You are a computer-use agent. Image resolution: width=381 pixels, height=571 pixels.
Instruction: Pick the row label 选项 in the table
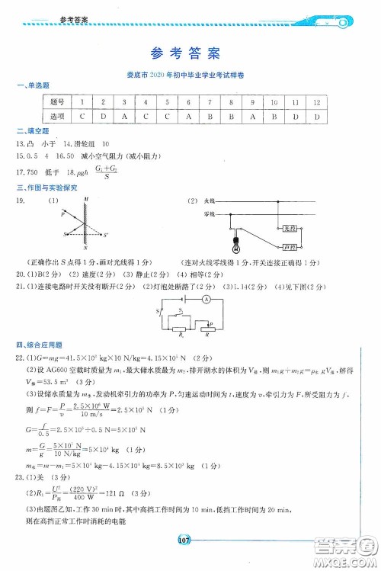coord(56,116)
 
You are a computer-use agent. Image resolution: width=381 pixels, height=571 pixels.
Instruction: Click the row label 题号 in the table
coord(56,101)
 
